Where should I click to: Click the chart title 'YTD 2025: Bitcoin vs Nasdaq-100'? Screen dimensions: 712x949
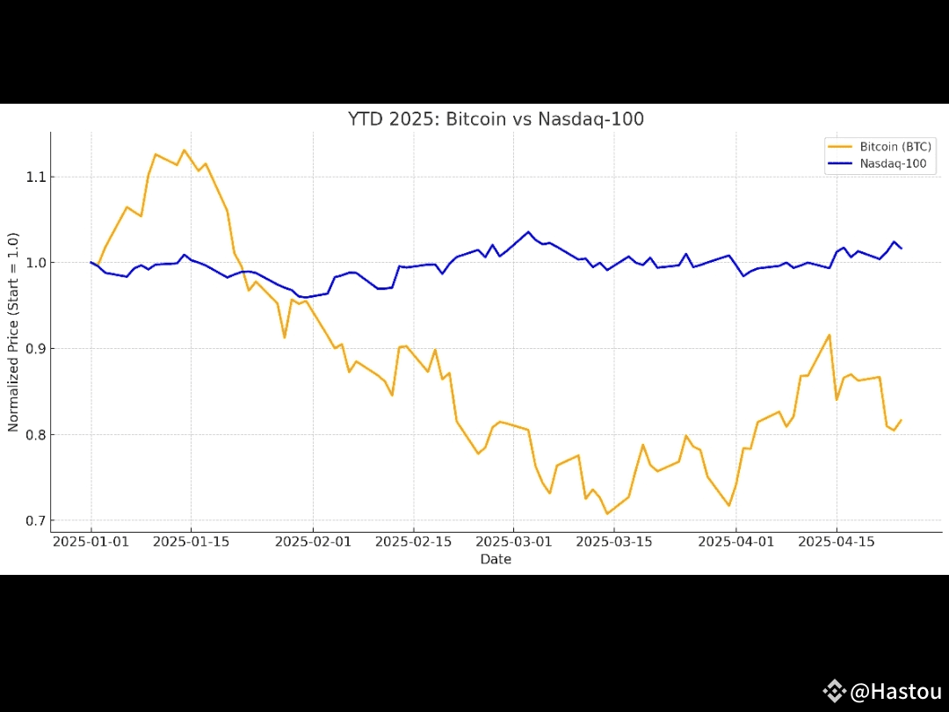496,119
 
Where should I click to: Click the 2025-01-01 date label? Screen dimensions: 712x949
91,541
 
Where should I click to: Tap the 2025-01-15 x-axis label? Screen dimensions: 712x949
192,541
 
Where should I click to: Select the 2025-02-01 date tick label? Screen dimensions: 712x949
313,541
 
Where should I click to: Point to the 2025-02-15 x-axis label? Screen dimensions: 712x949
413,541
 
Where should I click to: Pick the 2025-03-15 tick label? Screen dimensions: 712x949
613,541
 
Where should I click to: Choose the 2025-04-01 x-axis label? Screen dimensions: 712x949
735,541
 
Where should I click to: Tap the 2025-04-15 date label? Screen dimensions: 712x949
836,541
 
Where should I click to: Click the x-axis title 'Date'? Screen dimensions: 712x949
496,559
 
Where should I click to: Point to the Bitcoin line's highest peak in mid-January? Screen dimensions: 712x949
184,150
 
